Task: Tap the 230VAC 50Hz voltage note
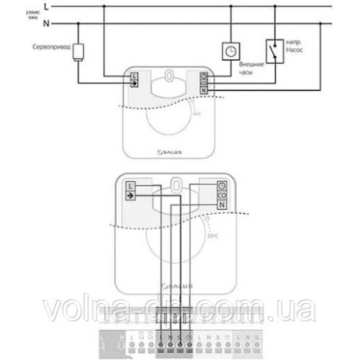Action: (x=11, y=16)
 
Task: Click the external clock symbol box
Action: (x=230, y=50)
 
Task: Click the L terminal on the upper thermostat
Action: (x=134, y=75)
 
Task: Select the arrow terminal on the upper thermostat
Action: (x=134, y=83)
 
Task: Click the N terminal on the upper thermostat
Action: (x=204, y=91)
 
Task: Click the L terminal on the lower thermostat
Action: (x=130, y=186)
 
